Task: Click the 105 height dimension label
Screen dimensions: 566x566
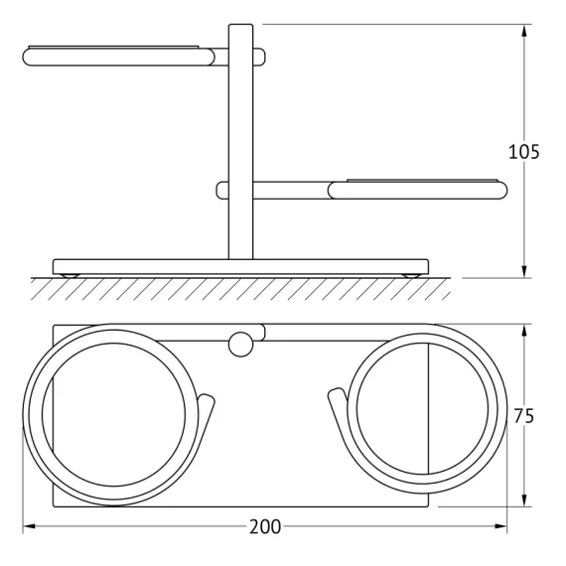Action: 523,152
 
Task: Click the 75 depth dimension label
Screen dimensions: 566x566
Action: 523,416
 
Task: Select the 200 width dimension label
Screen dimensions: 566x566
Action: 265,526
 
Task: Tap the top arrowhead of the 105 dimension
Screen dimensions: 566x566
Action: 524,31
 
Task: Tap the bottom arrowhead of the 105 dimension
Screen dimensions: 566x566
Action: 524,271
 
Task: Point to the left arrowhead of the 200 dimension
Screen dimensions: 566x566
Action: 29,526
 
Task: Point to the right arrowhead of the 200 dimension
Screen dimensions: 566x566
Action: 500,526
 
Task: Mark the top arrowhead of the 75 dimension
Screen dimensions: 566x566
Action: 524,331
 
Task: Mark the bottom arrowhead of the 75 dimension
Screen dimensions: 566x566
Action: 524,500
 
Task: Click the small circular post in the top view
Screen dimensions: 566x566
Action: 240,344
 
